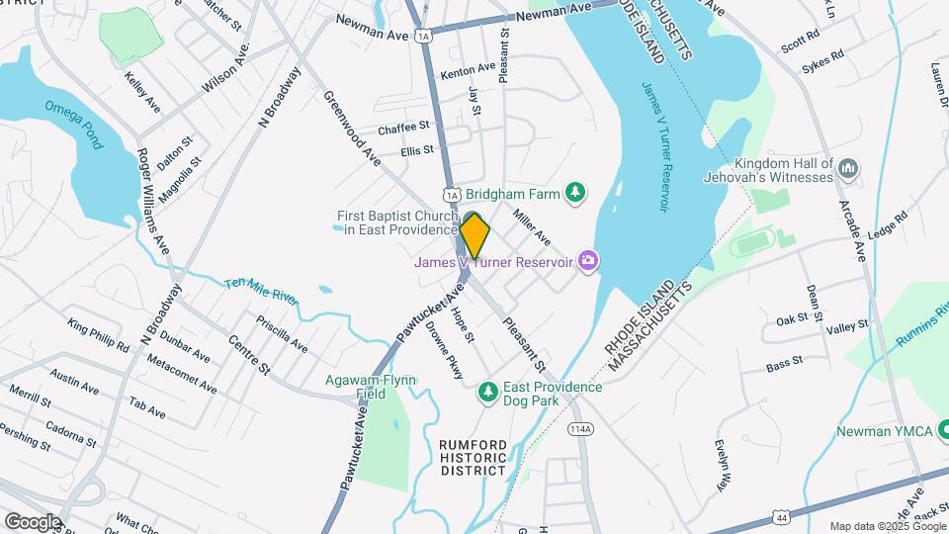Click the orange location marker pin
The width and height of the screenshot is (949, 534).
coord(474,236)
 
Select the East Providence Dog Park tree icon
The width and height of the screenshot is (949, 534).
coord(486,394)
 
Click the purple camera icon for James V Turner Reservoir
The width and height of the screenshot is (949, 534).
coord(589,261)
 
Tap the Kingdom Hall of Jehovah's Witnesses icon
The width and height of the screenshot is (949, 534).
coord(847,170)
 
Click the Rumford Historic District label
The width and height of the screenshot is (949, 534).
coord(474,457)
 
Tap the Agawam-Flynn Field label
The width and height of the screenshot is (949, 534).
coord(372,387)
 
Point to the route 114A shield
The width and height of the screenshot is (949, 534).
coord(580,428)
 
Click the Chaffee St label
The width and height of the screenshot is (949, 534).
coord(403,128)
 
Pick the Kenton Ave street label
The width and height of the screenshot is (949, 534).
coord(468,70)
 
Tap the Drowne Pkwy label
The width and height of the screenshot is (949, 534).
coord(445,352)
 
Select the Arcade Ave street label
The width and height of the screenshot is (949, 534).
coord(857,236)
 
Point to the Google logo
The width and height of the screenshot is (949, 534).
coord(33,521)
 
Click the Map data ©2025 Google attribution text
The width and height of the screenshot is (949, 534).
coord(887,526)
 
